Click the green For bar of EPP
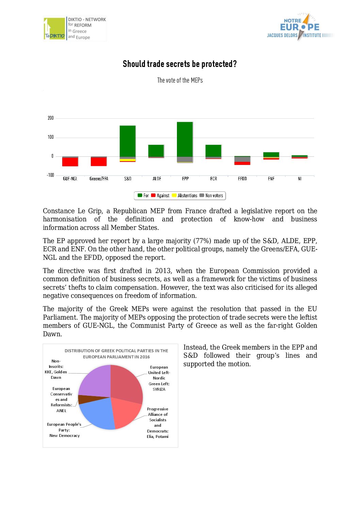point(185,139)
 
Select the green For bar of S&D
point(128,141)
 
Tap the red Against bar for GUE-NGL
point(70,162)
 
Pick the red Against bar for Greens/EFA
point(99,162)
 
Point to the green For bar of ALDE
point(156,151)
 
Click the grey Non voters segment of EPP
point(185,159)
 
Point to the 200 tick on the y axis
point(51,118)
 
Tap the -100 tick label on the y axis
point(50,175)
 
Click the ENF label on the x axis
point(271,179)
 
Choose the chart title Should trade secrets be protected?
point(180,64)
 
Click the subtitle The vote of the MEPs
point(180,80)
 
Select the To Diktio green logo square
point(54,29)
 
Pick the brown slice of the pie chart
point(85,399)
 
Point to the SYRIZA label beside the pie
point(159,389)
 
